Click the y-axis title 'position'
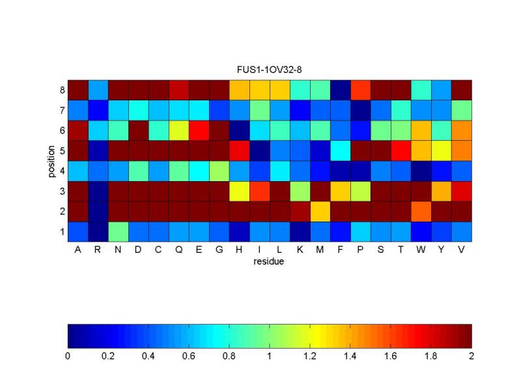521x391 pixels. (x=51, y=161)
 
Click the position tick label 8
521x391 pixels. (x=61, y=90)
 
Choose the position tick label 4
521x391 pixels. (x=61, y=171)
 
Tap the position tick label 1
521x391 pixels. (x=61, y=231)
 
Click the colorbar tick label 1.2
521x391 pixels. (x=310, y=356)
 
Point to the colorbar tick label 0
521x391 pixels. (x=68, y=356)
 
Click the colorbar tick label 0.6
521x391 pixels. (x=189, y=356)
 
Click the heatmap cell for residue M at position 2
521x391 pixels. (x=320, y=211)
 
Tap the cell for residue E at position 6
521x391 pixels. (x=199, y=130)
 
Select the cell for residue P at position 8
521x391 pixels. (x=360, y=90)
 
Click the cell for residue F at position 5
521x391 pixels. (x=340, y=151)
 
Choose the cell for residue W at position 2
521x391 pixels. (x=421, y=211)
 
